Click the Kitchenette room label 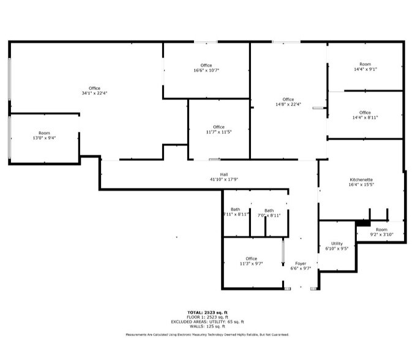[361, 179]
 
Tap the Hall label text [224, 174]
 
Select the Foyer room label [301, 263]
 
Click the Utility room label [337, 244]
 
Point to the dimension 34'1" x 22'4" [94, 93]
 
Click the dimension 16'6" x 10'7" [206, 70]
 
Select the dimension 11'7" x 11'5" [219, 132]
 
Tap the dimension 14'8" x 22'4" [288, 104]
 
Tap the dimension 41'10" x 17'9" [224, 179]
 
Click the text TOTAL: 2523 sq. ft [207, 312]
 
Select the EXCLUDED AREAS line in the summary [207, 321]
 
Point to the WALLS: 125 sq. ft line [207, 326]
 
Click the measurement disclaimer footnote [207, 335]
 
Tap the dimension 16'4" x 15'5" [361, 184]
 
